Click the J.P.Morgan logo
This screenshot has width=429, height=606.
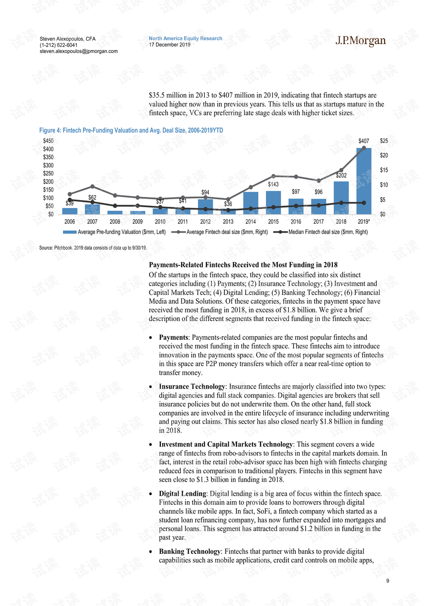360,41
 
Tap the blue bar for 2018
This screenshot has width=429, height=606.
341,197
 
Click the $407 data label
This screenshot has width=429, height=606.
364,141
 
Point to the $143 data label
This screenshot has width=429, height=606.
273,184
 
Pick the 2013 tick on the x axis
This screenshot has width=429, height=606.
228,222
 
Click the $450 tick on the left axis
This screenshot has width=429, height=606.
48,141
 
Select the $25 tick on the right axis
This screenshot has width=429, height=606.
384,141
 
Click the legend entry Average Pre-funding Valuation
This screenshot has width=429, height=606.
114,232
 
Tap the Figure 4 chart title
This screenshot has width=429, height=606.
131,130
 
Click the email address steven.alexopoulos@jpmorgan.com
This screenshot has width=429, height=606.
79,51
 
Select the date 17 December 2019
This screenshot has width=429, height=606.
170,45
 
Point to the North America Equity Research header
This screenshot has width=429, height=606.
185,38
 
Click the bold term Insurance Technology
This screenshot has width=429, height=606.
192,387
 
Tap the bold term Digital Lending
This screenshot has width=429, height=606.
182,494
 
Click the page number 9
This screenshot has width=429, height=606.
388,581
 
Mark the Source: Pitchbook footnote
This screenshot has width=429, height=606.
93,248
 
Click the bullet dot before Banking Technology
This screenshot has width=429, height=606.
151,552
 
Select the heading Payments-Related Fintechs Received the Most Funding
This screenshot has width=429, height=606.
243,265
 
